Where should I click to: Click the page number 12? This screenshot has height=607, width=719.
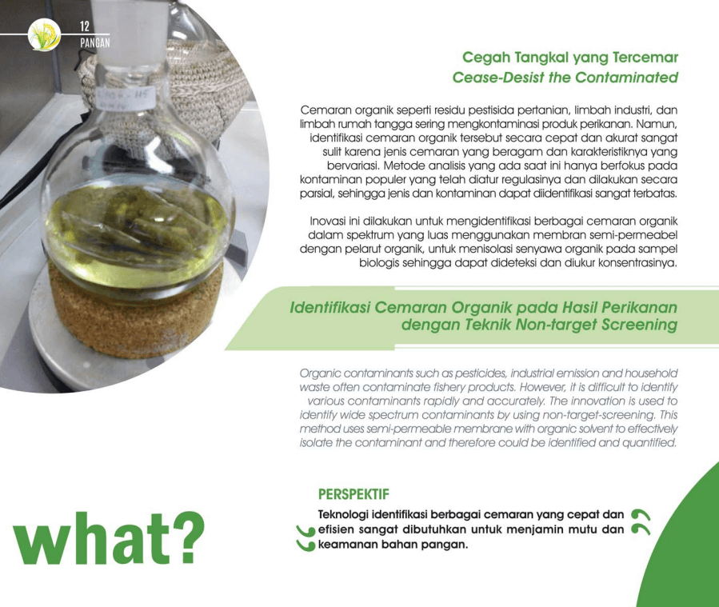85,26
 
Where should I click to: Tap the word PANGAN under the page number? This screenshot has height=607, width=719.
95,42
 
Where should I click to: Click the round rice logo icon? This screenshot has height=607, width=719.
44,34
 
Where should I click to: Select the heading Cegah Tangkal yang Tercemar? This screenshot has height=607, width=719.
570,58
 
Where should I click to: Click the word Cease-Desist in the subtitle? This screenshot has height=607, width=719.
498,78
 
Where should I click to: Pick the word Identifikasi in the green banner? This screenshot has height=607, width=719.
330,307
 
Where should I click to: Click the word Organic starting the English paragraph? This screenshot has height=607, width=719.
320,373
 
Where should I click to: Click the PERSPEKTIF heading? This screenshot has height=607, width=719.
354,494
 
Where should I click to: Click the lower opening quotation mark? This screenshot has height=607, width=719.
306,545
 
